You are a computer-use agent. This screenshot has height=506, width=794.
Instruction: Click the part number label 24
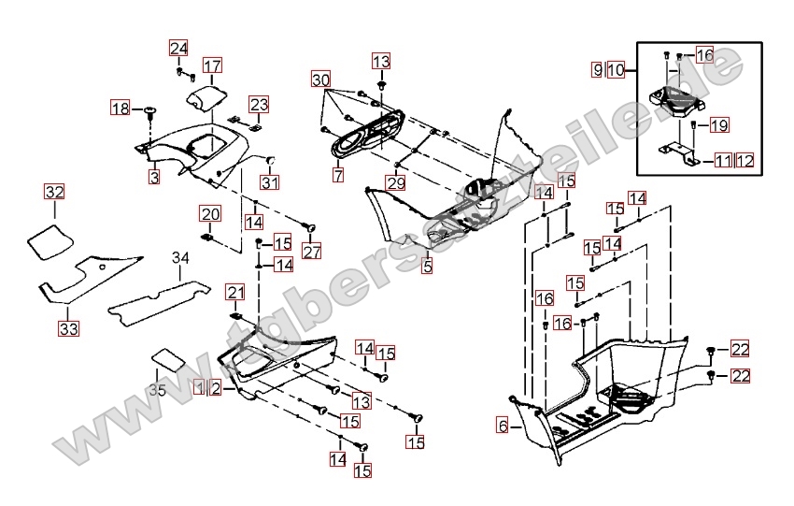click(178, 49)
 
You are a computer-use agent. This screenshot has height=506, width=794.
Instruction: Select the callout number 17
click(213, 65)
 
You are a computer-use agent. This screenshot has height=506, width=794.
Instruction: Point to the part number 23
click(259, 104)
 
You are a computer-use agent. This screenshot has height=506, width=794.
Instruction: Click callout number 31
click(270, 181)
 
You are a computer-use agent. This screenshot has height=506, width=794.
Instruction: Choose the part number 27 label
click(311, 251)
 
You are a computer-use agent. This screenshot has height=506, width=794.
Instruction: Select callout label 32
click(55, 193)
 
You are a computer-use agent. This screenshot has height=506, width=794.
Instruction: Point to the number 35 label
click(157, 390)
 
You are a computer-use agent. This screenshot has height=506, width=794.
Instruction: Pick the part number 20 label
click(209, 214)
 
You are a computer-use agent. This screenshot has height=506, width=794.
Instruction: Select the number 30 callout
click(321, 80)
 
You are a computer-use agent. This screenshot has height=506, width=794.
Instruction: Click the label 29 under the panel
click(396, 183)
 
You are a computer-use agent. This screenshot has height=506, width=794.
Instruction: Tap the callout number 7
click(337, 175)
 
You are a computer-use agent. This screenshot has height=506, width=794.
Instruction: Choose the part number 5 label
click(427, 267)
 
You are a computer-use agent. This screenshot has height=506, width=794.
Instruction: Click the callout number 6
click(503, 426)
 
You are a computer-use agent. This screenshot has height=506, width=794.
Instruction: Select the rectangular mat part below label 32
click(48, 240)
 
